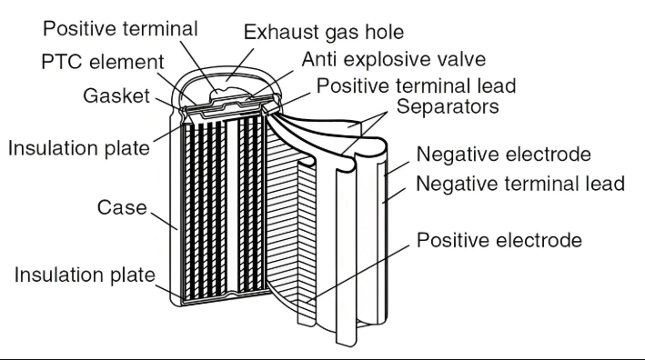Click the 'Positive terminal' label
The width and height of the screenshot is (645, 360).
pos(120,30)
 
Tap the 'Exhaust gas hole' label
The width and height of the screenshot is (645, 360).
pos(324,33)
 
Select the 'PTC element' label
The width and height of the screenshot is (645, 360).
pos(103,63)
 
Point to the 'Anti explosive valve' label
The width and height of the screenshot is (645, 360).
pos(394,60)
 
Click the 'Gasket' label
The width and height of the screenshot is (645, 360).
pos(116,96)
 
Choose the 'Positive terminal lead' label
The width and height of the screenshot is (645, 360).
pos(417,86)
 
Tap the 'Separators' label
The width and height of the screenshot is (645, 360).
pos(448,107)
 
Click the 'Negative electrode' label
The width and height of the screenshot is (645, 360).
pos(504,155)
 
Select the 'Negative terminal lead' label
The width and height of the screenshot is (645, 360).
pos(520,184)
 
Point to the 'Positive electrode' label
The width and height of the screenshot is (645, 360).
pos(499,240)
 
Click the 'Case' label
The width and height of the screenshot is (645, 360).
pos(122,207)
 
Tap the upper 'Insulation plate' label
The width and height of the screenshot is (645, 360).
pos(79,148)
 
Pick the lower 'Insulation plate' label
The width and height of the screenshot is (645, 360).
pos(85,275)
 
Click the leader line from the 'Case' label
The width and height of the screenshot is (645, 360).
pos(164,221)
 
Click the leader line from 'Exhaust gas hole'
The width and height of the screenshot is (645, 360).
pos(239,65)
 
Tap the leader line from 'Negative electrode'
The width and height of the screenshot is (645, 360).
pos(397,169)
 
